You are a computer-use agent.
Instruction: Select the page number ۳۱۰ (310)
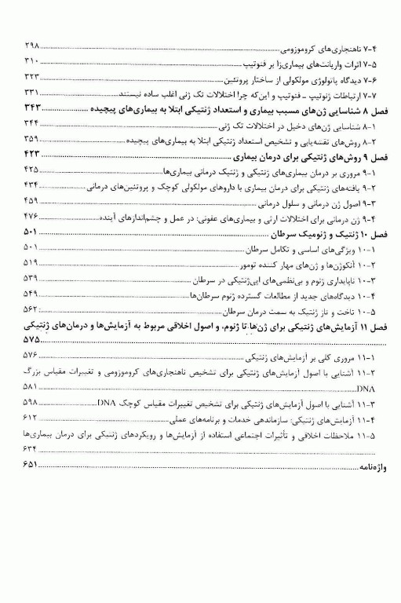coord(32,61)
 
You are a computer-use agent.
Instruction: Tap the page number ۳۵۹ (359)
coord(32,138)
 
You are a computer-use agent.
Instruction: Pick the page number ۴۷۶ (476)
coord(32,215)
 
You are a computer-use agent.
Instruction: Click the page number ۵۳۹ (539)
coord(32,279)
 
